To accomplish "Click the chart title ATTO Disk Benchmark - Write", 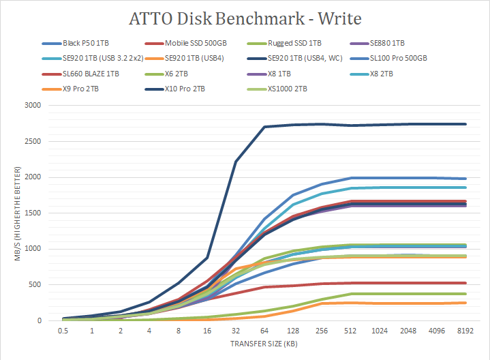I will point(245,17).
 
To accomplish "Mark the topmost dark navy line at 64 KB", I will point(264,127).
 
